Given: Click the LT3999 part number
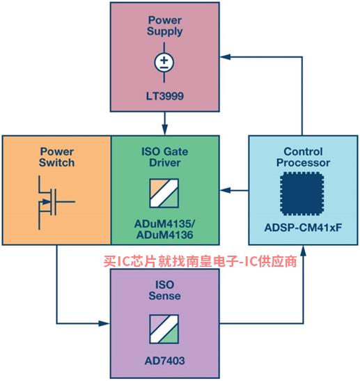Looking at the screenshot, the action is click(x=165, y=96).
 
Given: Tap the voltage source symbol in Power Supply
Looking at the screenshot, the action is click(x=164, y=62).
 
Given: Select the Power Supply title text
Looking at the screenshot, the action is click(x=165, y=26).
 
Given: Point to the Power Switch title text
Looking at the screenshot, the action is click(x=57, y=157).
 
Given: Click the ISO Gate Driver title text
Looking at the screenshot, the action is click(x=165, y=157).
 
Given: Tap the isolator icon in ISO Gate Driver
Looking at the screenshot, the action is click(x=164, y=193).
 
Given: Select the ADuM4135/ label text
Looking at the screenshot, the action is click(x=165, y=224).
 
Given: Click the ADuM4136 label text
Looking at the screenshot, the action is click(x=165, y=235).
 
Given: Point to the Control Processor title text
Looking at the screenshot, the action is click(x=303, y=157).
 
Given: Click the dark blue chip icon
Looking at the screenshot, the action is click(x=302, y=194).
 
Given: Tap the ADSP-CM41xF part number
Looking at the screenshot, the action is click(x=303, y=228).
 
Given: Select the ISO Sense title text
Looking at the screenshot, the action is click(x=165, y=290).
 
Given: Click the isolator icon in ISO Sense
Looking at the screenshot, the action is click(x=164, y=329).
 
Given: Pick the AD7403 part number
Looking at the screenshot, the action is click(x=165, y=361).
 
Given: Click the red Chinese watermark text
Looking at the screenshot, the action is click(x=200, y=261).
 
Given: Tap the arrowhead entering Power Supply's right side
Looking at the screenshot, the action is click(x=225, y=57).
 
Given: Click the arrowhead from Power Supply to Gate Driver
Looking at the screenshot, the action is click(x=165, y=130).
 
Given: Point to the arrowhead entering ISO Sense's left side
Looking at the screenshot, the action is click(x=104, y=323).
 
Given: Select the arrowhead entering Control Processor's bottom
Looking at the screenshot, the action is click(x=303, y=251).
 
